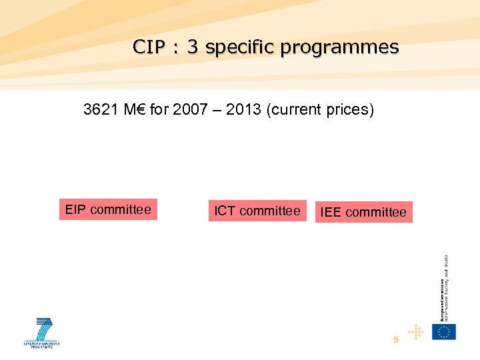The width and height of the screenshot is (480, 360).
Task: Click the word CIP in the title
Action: point(147,47)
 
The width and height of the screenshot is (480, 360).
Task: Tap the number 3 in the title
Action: point(193,47)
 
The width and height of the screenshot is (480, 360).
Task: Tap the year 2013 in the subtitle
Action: point(243,109)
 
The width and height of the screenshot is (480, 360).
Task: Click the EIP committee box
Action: point(108,210)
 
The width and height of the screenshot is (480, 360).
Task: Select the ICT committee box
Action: point(257,211)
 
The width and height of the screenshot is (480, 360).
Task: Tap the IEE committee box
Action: point(363,212)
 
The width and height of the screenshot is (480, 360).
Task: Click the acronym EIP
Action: point(76,210)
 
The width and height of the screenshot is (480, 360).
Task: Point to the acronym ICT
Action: point(225,211)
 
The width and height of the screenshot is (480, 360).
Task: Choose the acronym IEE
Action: point(331,212)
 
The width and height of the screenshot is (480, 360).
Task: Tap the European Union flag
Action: point(443,331)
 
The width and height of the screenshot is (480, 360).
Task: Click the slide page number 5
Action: point(396,339)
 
